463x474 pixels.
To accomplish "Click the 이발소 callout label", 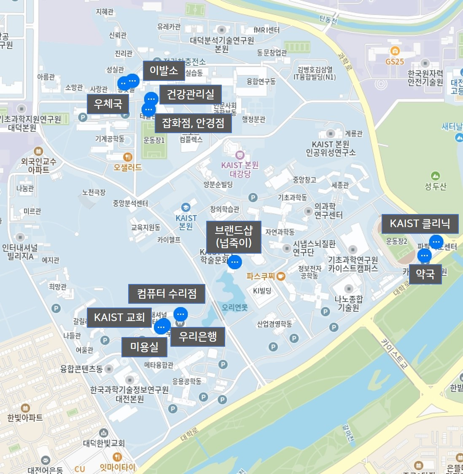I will pyautogui.click(x=164, y=71).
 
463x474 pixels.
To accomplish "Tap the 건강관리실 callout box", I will pyautogui.click(x=191, y=94).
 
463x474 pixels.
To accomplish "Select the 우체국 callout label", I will pyautogui.click(x=108, y=104).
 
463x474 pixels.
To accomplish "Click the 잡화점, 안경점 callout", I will pyautogui.click(x=193, y=123).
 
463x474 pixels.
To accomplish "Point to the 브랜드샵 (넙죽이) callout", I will pyautogui.click(x=234, y=237).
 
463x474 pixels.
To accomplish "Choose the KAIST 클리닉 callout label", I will pyautogui.click(x=420, y=224).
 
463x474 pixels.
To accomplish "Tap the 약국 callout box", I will pyautogui.click(x=425, y=274).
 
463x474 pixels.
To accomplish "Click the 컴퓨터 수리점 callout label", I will pyautogui.click(x=167, y=294).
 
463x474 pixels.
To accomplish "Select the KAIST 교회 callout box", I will pyautogui.click(x=119, y=318).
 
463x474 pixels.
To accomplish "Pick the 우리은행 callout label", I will pyautogui.click(x=198, y=337).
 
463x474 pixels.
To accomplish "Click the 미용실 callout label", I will pyautogui.click(x=144, y=347).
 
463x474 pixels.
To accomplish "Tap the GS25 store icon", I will pyautogui.click(x=395, y=51).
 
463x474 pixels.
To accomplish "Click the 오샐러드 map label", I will pyautogui.click(x=127, y=167).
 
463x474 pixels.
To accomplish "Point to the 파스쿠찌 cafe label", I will pyautogui.click(x=261, y=276).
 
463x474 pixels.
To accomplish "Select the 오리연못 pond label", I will pyautogui.click(x=235, y=308).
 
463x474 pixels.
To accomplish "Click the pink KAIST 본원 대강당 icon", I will pyautogui.click(x=240, y=155).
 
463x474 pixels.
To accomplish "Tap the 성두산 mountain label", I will pyautogui.click(x=435, y=186).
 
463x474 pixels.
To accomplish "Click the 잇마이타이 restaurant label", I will pyautogui.click(x=118, y=467).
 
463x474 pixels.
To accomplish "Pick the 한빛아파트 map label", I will pyautogui.click(x=25, y=418).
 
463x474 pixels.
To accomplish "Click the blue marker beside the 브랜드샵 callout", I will pyautogui.click(x=235, y=262).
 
